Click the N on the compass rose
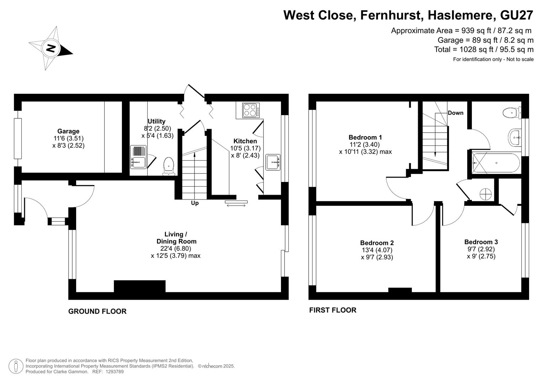tap(51, 48)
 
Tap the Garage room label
tap(68, 131)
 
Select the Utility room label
tap(156, 121)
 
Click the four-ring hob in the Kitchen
tap(251, 110)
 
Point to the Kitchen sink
tap(273, 162)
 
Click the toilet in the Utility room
tap(169, 166)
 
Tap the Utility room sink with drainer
tap(138, 157)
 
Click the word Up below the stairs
tap(195, 203)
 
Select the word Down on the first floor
tap(456, 113)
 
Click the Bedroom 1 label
tap(365, 138)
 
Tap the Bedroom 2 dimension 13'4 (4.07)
tap(377, 250)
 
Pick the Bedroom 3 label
tap(481, 242)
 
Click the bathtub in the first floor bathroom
tap(496, 163)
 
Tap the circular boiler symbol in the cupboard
tap(486, 194)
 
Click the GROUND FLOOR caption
tap(97, 311)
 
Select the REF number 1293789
tap(115, 372)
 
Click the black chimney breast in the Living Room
tap(140, 286)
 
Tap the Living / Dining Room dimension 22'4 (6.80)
tap(176, 249)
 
